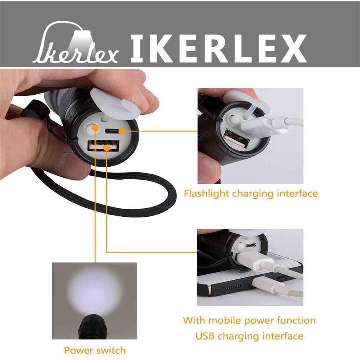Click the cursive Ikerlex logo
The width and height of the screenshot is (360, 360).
coord(75,43)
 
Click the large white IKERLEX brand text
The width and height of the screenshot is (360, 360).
coord(219,49)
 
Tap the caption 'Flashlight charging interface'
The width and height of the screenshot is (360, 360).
coord(251,193)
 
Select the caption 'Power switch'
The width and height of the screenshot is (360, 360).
coord(95,350)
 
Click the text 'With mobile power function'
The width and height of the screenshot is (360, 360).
coord(249,320)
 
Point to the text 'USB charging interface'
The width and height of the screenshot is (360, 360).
coord(249,336)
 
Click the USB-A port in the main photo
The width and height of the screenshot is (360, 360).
coord(103,146)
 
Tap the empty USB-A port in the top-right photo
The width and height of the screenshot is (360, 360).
coord(237,139)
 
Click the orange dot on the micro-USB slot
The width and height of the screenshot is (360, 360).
coord(122,131)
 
